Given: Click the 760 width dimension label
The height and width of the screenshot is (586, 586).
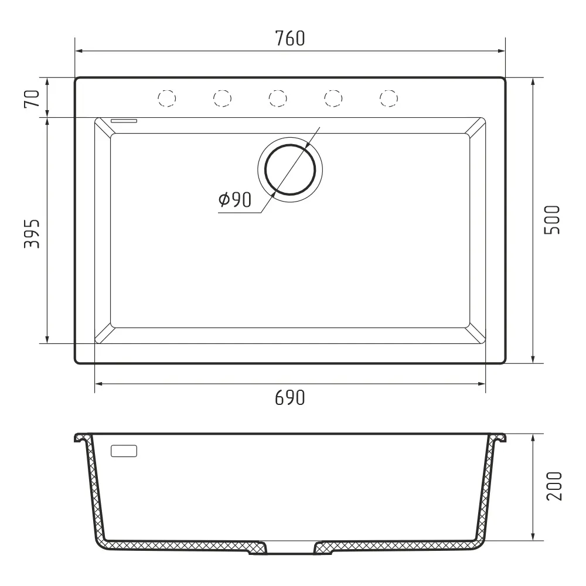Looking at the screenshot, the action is click(290, 39).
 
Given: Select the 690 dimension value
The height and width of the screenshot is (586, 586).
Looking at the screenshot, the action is click(290, 398).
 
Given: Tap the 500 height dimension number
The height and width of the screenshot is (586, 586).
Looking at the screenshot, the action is click(553, 220).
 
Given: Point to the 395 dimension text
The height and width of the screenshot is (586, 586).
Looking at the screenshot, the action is click(32, 234).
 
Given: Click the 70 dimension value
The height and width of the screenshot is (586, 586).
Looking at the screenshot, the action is click(32, 98).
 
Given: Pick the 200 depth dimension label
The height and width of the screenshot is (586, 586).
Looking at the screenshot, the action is click(554, 486).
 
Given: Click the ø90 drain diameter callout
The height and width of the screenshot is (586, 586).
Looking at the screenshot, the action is click(235, 200).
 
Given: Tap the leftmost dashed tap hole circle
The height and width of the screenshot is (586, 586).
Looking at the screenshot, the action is click(166, 98).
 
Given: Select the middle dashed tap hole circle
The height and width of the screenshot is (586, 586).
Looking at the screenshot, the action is click(278, 98).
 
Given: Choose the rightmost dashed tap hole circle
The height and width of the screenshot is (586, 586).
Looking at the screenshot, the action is click(389, 98).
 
